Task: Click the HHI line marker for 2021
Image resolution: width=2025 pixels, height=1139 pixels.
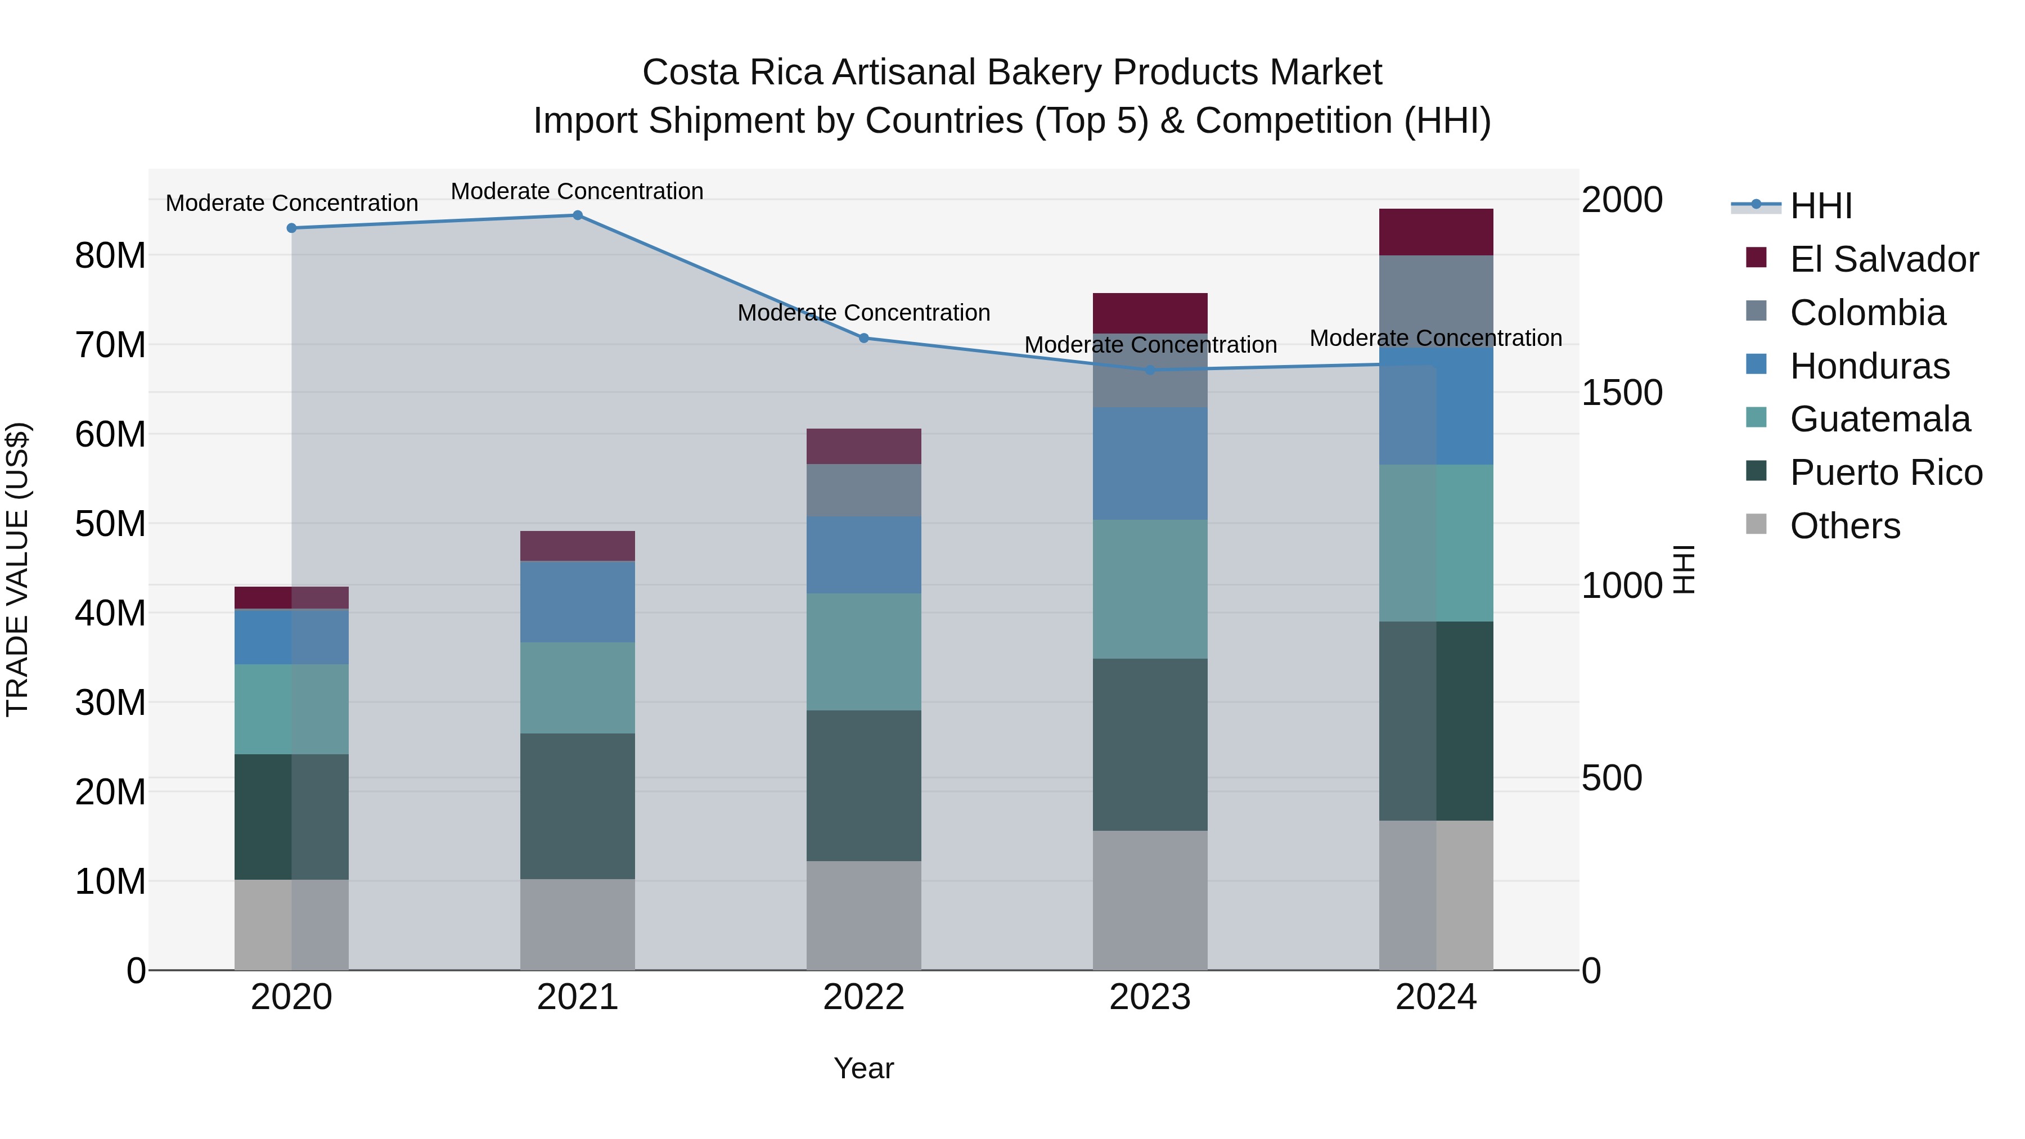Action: pos(577,215)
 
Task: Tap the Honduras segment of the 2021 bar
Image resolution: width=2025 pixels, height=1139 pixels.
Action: pos(577,601)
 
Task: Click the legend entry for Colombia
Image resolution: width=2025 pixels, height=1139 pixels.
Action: pos(1867,313)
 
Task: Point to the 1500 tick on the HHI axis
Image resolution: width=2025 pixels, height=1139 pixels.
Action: pos(1621,392)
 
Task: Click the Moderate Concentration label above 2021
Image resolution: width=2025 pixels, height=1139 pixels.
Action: pos(577,191)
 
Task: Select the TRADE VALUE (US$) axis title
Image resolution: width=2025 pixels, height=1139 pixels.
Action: pos(17,569)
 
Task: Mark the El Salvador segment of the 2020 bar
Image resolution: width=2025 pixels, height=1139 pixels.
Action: pos(291,597)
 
